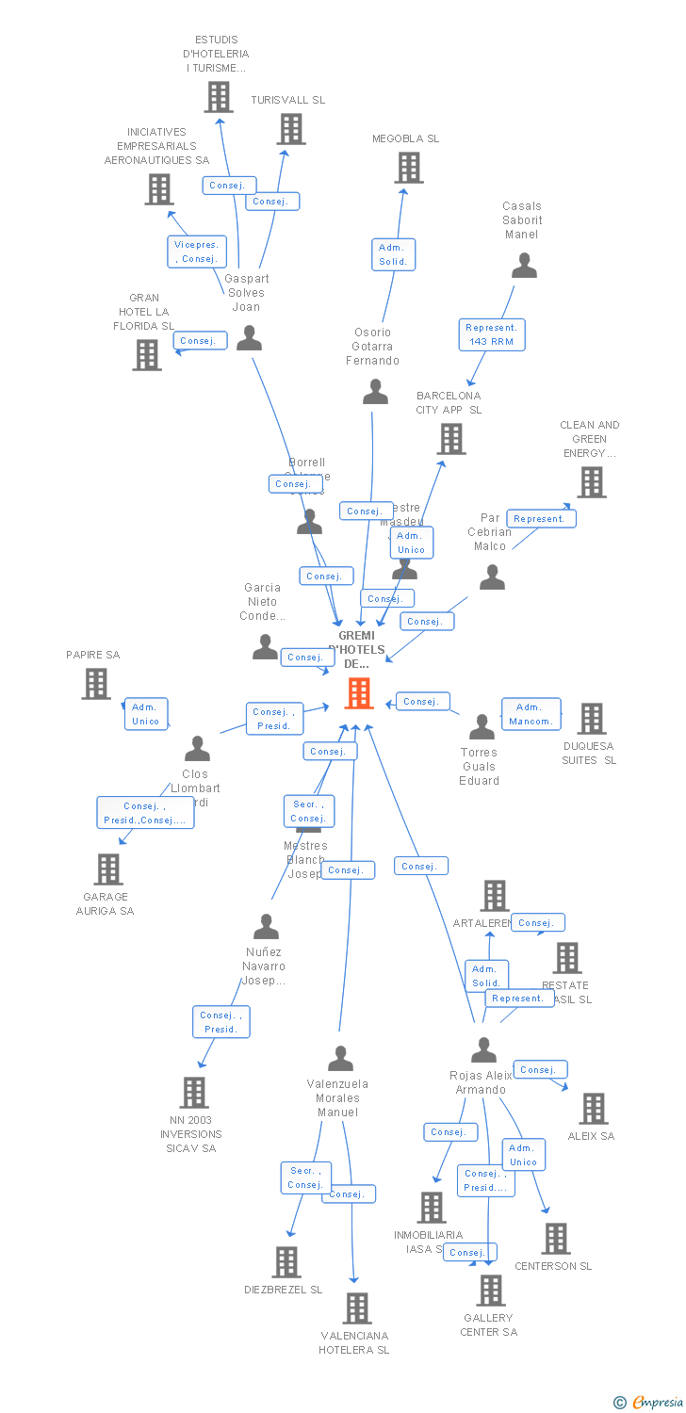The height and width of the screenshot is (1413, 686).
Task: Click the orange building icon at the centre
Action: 359,693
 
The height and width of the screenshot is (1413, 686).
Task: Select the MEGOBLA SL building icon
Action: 408,168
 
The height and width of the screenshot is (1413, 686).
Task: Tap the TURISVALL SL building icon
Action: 291,129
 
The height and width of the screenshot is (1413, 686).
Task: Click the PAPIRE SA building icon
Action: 96,684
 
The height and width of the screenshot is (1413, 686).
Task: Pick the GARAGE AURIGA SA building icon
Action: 108,869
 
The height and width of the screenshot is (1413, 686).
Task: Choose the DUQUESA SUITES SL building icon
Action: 591,719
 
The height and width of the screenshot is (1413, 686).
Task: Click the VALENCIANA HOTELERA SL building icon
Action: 357,1307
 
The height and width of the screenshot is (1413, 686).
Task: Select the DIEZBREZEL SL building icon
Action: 286,1261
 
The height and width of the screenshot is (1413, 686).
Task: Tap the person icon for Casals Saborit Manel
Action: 524,267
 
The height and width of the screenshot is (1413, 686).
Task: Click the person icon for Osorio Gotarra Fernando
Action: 375,392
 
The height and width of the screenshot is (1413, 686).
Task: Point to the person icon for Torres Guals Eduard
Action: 482,726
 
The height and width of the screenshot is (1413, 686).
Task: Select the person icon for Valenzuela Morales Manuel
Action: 340,1059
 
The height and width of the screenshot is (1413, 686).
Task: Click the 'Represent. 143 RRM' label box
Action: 492,334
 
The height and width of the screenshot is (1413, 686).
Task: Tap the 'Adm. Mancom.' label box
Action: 531,714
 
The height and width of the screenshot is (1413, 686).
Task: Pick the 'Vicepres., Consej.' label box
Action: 196,252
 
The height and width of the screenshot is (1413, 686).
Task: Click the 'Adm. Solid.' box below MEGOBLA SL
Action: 393,254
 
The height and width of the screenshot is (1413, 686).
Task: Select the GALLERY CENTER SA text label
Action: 488,1324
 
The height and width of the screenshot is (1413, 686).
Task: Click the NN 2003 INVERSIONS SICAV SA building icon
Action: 194,1093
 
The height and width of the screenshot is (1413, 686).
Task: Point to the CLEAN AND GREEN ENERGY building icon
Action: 592,482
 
